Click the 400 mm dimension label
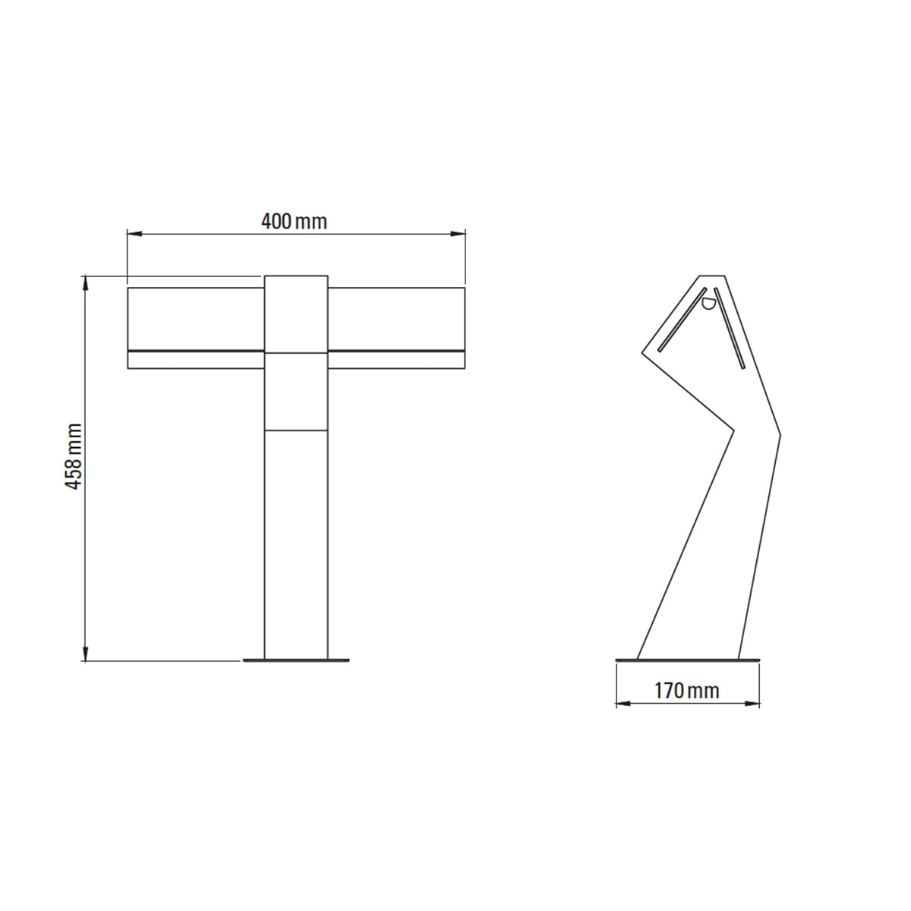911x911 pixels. tap(294, 222)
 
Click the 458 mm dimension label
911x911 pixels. tap(74, 456)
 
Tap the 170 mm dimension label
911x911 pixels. tap(686, 691)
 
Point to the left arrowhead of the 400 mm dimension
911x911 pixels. tap(134, 234)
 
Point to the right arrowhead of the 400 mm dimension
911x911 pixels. tap(458, 234)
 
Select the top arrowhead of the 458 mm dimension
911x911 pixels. tap(86, 283)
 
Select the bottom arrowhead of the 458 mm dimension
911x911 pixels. tap(86, 654)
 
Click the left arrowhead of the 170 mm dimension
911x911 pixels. tap(623, 717)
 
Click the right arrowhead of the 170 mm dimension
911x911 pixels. tap(752, 717)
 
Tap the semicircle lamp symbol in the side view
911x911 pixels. tap(708, 304)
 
